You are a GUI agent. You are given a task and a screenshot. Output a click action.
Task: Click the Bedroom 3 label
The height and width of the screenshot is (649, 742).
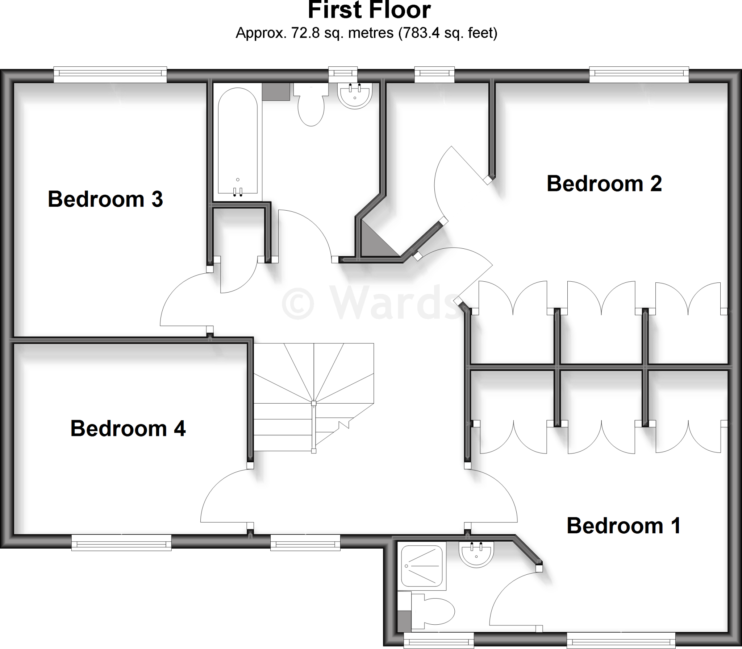pos(105,199)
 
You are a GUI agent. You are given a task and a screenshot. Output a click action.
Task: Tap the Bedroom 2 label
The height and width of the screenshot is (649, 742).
pos(604,183)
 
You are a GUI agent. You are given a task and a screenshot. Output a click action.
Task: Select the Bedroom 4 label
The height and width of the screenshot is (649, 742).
pos(128,428)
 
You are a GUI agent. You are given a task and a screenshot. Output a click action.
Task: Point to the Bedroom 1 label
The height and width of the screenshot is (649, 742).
pos(624,525)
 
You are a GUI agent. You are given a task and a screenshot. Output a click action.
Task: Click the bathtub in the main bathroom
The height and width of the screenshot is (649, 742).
pos(238,141)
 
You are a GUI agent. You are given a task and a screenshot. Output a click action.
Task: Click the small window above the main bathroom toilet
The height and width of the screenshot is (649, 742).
pos(343,74)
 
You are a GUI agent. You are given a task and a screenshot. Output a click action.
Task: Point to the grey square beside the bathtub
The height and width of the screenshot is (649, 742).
pos(276,92)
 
